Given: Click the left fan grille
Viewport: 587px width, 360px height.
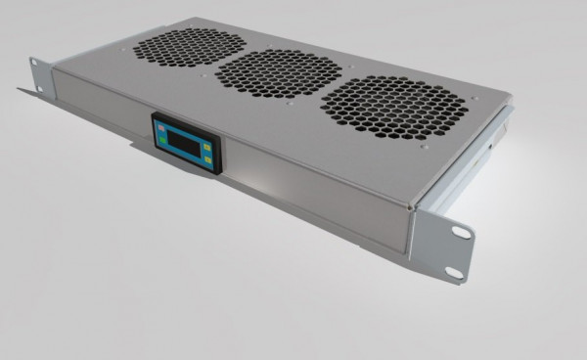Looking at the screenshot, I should point(188,46).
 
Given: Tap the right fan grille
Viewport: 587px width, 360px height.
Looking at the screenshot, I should point(393,107).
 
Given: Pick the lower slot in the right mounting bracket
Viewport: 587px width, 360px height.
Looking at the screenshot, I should point(453,271).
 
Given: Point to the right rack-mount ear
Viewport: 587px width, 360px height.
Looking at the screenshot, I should point(445,245).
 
